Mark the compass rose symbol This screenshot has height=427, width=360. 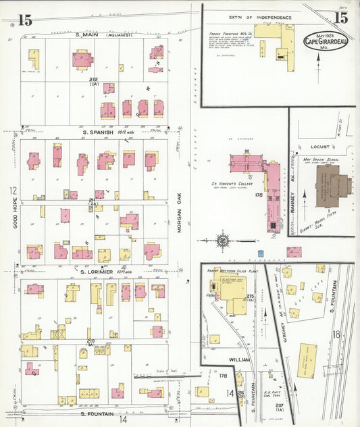pyautogui.click(x=222, y=239)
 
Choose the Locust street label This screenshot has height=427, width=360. pyautogui.click(x=320, y=146)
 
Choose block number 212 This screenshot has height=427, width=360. pyautogui.click(x=93, y=79)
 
